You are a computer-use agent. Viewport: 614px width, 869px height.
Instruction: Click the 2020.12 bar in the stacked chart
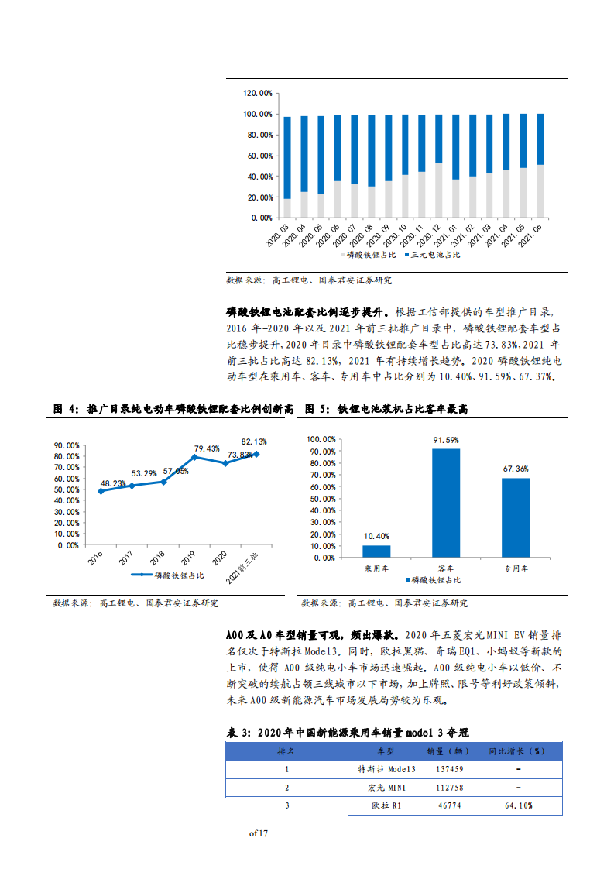pyautogui.click(x=438, y=166)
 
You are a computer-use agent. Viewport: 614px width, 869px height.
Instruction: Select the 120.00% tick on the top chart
pyautogui.click(x=258, y=93)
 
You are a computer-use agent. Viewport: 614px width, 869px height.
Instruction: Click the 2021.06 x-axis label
pyautogui.click(x=532, y=234)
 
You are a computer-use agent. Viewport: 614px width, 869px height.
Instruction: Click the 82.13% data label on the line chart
pyautogui.click(x=254, y=441)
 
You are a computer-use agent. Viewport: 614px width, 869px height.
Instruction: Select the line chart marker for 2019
pyautogui.click(x=194, y=457)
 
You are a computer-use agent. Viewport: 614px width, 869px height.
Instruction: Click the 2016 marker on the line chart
pyautogui.click(x=100, y=491)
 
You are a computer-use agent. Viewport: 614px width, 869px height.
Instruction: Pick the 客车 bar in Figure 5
pyautogui.click(x=445, y=503)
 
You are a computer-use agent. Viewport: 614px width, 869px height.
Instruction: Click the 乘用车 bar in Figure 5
pyautogui.click(x=377, y=551)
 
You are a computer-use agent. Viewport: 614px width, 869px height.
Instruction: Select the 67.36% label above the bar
pyautogui.click(x=515, y=469)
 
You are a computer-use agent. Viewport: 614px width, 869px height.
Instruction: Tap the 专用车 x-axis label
pyautogui.click(x=515, y=568)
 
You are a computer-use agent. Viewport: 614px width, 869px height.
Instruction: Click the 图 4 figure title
pyautogui.click(x=173, y=408)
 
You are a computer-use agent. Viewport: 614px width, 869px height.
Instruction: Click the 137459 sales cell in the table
pyautogui.click(x=450, y=769)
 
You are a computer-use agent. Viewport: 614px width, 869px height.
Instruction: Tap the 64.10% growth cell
pyautogui.click(x=516, y=806)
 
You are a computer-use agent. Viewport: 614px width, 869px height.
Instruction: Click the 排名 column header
pyautogui.click(x=286, y=751)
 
